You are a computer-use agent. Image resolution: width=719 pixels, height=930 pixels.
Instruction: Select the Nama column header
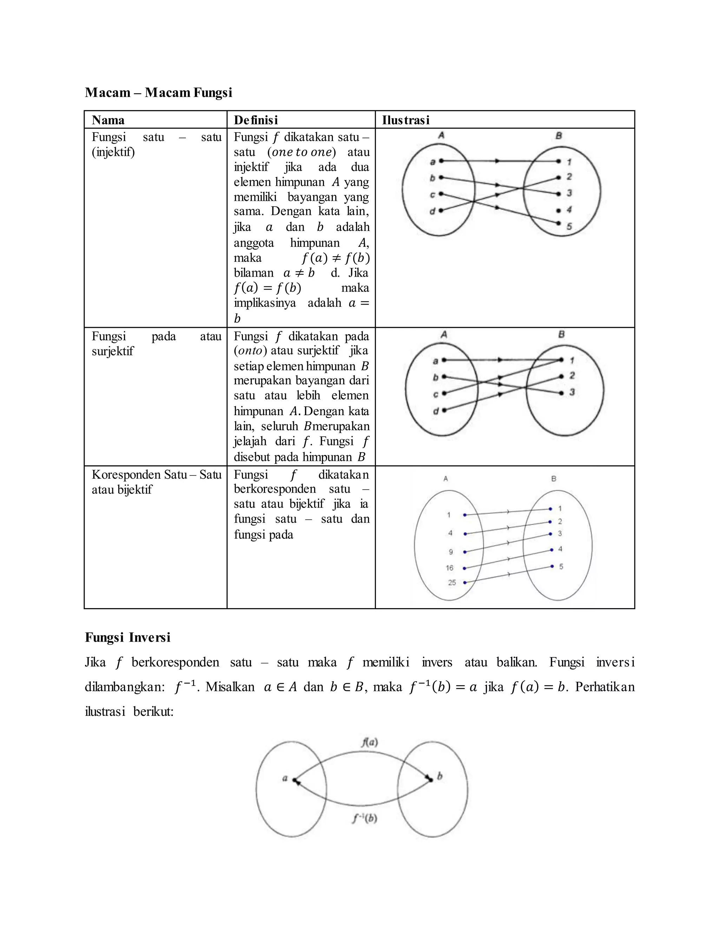click(108, 120)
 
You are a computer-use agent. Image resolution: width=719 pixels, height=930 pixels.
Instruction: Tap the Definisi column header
click(256, 120)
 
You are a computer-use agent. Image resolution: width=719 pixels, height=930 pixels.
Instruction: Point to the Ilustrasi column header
click(405, 120)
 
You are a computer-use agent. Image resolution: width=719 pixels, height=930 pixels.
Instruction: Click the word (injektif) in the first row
click(113, 152)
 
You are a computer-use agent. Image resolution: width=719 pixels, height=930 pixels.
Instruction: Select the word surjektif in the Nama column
click(112, 351)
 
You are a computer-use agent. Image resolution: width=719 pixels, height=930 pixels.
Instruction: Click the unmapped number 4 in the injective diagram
click(569, 210)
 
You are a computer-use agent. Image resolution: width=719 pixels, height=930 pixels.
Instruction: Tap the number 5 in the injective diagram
click(569, 227)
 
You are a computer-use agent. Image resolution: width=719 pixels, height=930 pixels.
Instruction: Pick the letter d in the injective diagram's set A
click(432, 211)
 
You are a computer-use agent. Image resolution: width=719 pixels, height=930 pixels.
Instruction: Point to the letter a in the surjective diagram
click(435, 361)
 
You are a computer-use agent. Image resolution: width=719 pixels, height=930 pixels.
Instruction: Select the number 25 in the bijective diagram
click(452, 583)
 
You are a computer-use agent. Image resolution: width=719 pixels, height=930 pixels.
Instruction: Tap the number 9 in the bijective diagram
click(451, 552)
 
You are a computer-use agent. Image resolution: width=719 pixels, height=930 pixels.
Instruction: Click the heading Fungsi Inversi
click(127, 637)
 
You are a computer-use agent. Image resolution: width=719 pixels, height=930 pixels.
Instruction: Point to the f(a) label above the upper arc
click(369, 743)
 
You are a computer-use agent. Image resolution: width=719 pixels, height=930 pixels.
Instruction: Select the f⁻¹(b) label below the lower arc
click(365, 818)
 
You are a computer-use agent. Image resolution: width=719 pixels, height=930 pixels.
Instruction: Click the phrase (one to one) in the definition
click(302, 152)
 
